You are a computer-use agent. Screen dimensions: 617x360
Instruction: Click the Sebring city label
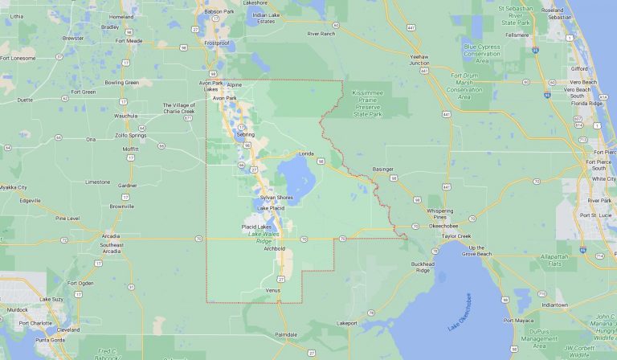click(x=246, y=134)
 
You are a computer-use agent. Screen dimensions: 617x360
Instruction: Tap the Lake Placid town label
click(x=272, y=209)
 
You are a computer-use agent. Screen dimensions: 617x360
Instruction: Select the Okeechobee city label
click(x=443, y=226)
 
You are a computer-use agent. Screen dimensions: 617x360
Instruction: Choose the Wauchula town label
click(x=127, y=116)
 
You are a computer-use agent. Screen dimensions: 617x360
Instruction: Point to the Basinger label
click(x=384, y=170)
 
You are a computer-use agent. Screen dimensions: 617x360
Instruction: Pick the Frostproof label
click(x=216, y=42)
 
